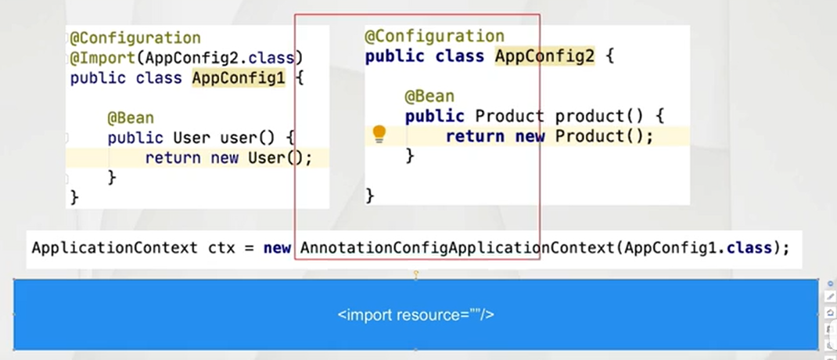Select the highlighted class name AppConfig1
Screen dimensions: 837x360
click(239, 78)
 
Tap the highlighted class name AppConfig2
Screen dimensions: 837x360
click(544, 56)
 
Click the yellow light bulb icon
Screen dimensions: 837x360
click(379, 134)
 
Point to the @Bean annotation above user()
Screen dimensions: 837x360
click(131, 118)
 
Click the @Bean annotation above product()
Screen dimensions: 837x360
click(429, 96)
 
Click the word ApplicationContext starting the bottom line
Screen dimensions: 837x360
click(115, 248)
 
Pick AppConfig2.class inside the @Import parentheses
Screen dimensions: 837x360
click(220, 58)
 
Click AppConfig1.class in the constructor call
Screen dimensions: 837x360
click(699, 248)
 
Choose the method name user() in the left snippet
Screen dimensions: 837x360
click(247, 138)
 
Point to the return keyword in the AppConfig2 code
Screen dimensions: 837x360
click(475, 136)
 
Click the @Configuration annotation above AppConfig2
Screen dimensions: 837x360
click(434, 36)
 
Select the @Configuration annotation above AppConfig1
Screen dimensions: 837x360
click(135, 38)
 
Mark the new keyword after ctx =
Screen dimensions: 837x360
click(277, 248)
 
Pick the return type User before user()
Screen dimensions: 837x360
click(192, 138)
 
